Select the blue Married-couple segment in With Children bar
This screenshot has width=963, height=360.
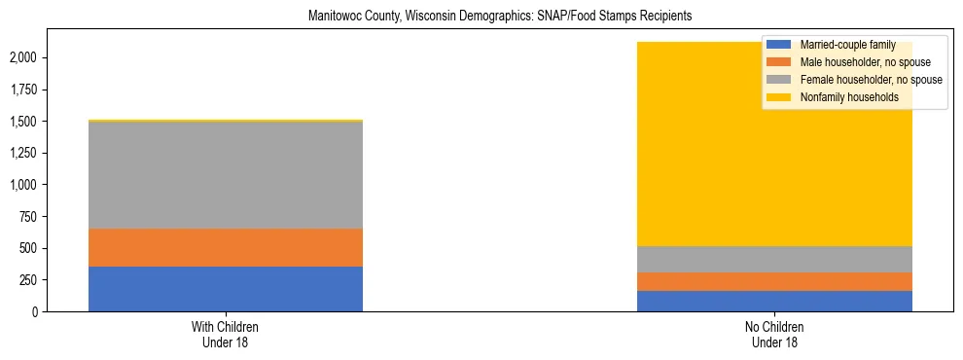[226, 289]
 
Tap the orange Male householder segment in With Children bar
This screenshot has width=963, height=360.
[226, 247]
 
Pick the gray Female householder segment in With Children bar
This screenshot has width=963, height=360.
[226, 175]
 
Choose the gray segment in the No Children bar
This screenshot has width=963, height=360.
[775, 259]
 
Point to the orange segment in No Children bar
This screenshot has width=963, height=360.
[775, 281]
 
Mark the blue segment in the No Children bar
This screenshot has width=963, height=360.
[775, 301]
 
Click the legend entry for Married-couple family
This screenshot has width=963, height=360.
[840, 45]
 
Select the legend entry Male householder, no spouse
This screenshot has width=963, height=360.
[856, 62]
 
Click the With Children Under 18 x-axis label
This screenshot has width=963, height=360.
[226, 334]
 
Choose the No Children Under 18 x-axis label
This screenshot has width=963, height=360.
[775, 334]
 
